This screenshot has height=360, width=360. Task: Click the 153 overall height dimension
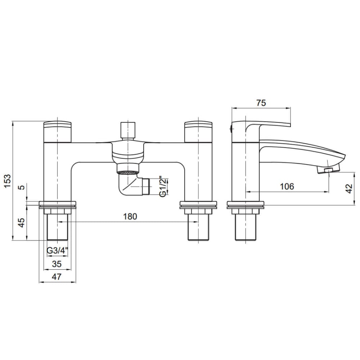click(8, 181)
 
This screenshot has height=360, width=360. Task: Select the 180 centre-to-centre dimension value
click(130, 216)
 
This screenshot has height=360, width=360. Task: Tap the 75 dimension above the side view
click(261, 103)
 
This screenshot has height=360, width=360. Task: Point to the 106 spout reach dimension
click(287, 186)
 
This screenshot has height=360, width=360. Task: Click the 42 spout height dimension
click(349, 189)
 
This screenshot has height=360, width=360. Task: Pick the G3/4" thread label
click(57, 251)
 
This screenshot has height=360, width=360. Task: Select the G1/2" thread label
click(163, 186)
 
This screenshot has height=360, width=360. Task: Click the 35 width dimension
click(57, 264)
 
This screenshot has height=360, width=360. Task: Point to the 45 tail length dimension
click(21, 222)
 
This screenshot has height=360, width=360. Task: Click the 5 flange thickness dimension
click(21, 187)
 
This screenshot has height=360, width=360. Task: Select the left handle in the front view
click(57, 131)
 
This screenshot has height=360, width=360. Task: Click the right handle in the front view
click(198, 131)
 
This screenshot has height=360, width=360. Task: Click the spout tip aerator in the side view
click(328, 170)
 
